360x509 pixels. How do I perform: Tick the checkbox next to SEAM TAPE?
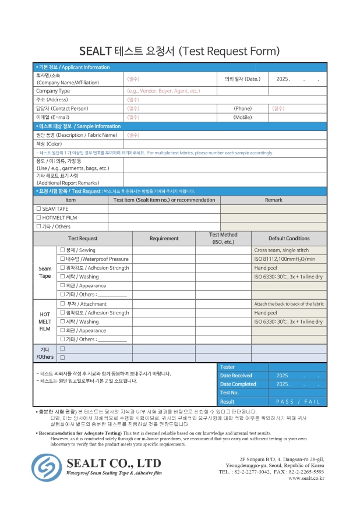[x=38, y=208]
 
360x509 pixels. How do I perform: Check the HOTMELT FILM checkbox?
[x=38, y=217]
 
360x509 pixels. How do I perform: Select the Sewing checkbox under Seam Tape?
[x=62, y=249]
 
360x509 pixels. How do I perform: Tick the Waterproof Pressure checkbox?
[x=62, y=259]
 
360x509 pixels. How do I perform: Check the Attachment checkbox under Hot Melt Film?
[x=62, y=303]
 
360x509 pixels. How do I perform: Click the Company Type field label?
[x=53, y=91]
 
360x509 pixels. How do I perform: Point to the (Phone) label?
[x=242, y=108]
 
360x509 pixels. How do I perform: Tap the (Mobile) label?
[x=242, y=117]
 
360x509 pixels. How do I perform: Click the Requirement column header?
[x=164, y=238]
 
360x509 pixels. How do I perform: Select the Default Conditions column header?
[x=288, y=238]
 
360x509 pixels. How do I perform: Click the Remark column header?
[x=273, y=200]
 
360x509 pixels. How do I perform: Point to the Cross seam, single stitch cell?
[x=281, y=249]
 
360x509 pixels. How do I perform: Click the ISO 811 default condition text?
[x=285, y=259]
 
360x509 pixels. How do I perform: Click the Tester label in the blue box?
[x=228, y=367]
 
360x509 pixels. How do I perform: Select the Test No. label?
[x=230, y=393]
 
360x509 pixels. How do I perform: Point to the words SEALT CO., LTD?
[x=114, y=463]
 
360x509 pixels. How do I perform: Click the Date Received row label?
[x=236, y=376]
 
